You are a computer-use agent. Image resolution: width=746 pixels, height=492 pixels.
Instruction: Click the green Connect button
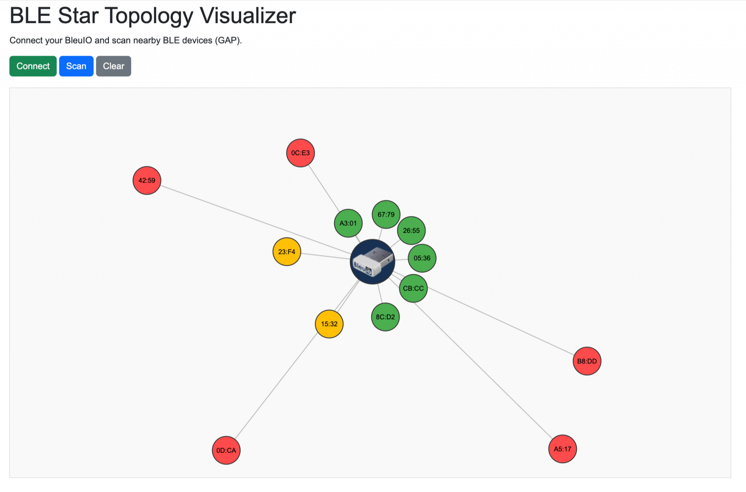[x=33, y=66]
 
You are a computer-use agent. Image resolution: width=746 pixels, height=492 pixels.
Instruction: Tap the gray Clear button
[x=113, y=66]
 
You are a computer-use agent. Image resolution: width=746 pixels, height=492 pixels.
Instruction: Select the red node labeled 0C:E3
[x=301, y=153]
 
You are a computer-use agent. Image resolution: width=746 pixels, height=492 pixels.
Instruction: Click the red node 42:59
[x=147, y=181]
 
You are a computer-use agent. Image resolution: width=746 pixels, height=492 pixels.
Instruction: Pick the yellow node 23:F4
[x=287, y=252]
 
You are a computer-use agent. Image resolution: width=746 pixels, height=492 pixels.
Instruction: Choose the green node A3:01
[x=348, y=223]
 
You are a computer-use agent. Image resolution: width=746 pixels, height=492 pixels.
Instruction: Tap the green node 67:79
[x=386, y=214]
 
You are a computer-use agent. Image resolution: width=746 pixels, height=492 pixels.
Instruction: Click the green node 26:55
[x=411, y=230]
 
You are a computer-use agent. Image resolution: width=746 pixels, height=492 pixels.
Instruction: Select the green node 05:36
[x=422, y=258]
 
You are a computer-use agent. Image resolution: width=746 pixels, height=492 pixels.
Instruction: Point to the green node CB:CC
[x=413, y=288]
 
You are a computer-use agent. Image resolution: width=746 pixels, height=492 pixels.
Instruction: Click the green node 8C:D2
[x=385, y=317]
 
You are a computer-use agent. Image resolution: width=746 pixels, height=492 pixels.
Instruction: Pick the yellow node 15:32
[x=329, y=324]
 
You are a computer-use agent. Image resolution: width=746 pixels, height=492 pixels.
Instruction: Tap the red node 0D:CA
[x=226, y=450]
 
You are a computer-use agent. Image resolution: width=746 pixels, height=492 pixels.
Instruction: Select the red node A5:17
[x=562, y=449]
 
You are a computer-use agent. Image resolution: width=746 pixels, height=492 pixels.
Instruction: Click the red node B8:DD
[x=587, y=361]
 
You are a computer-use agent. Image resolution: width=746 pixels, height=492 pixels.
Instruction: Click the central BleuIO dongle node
[x=372, y=262]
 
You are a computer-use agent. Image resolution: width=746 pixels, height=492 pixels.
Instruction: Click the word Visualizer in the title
[x=248, y=16]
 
